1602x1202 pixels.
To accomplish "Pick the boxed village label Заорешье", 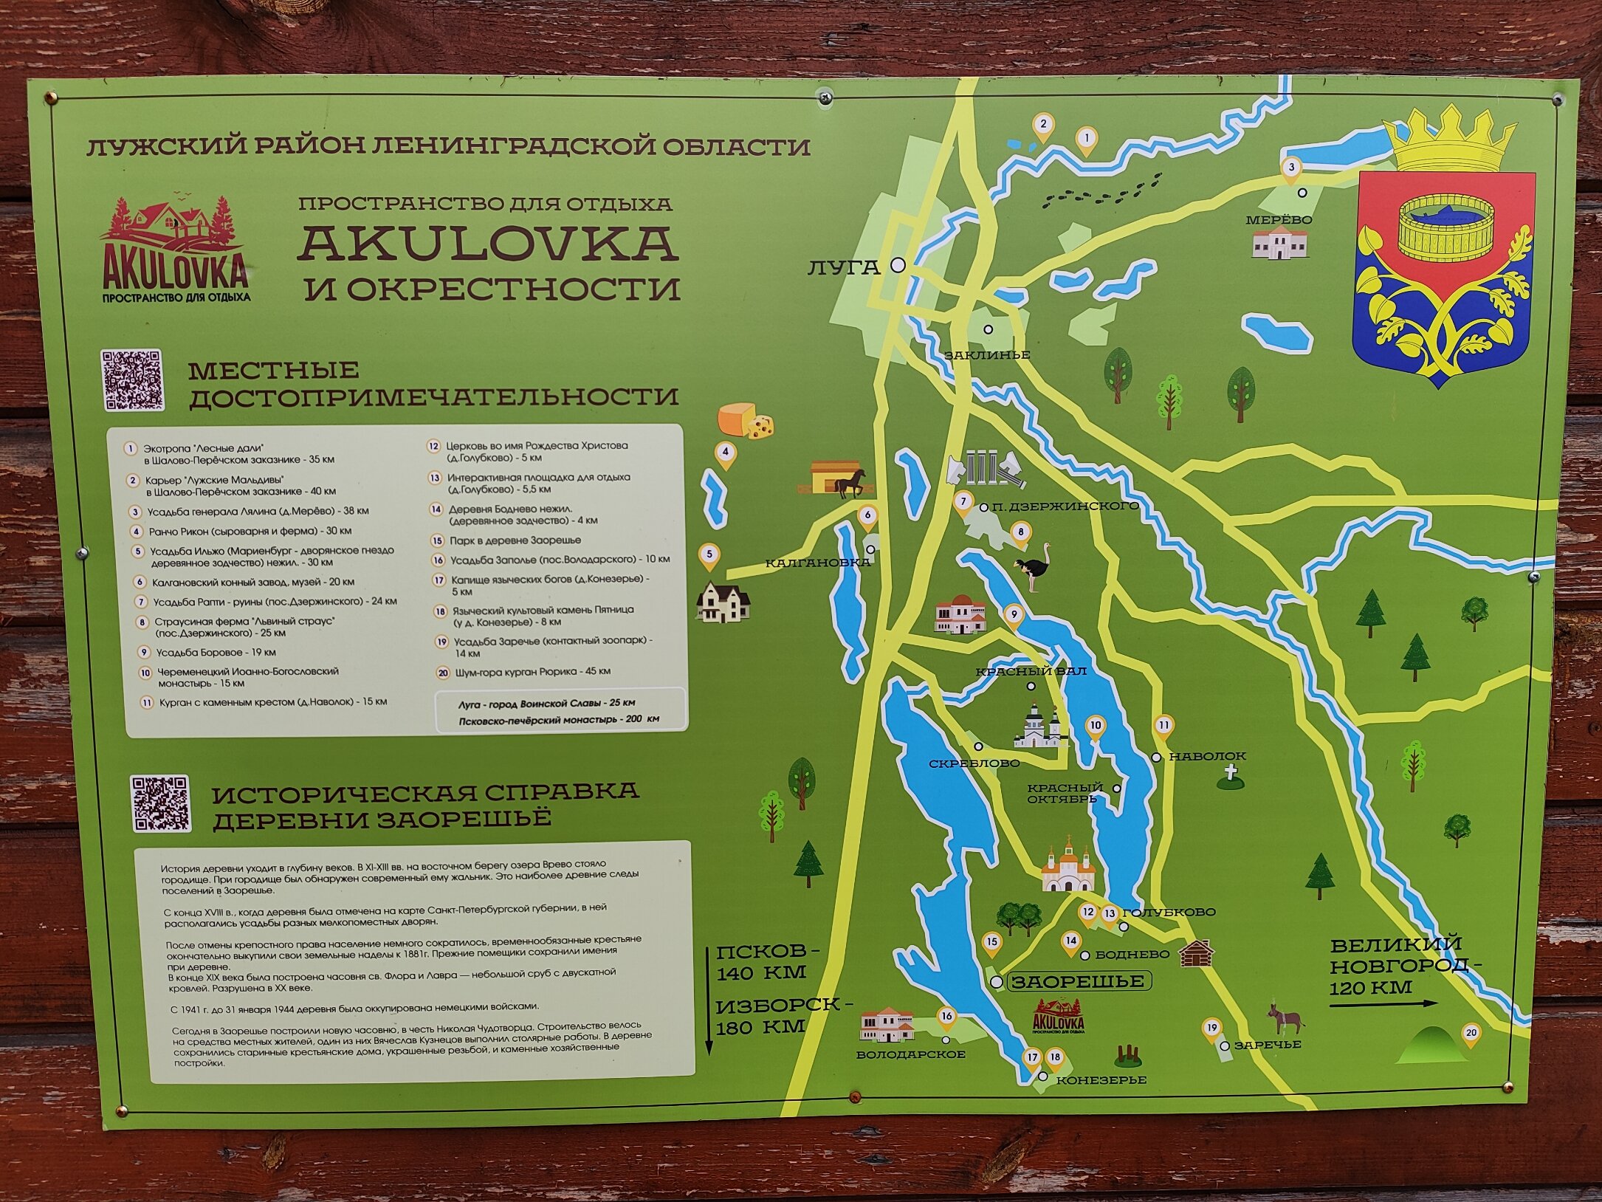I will coord(1077,981).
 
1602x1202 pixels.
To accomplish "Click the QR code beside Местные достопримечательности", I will coord(132,380).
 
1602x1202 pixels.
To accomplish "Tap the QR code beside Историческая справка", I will coord(160,803).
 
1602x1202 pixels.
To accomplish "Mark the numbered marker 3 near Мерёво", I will coord(1291,169).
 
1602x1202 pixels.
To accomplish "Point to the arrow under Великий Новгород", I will coord(1383,1003).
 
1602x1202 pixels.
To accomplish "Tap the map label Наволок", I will coord(1208,756).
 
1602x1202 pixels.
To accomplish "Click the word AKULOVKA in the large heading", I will coord(488,244).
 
